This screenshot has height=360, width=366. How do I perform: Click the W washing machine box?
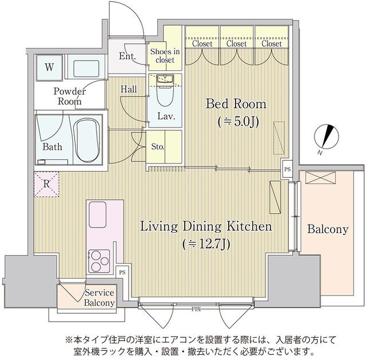pyautogui.click(x=50, y=67)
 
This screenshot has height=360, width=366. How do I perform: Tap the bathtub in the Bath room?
pyautogui.click(x=87, y=139)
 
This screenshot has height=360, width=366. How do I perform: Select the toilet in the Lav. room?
pyautogui.click(x=165, y=91)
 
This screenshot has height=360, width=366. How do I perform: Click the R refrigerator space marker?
pyautogui.click(x=46, y=184)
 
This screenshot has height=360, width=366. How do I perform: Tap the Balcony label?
pyautogui.click(x=327, y=230)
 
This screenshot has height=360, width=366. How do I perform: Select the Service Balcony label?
pyautogui.click(x=100, y=298)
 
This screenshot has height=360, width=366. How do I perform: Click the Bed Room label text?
pyautogui.click(x=236, y=104)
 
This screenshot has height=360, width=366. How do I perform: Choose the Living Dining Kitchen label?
pyautogui.click(x=206, y=227)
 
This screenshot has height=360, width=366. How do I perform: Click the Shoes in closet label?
pyautogui.click(x=165, y=55)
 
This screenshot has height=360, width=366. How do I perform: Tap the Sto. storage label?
pyautogui.click(x=158, y=147)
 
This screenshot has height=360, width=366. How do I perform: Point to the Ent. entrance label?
pyautogui.click(x=127, y=56)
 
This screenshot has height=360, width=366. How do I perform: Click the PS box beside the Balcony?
pyautogui.click(x=287, y=170)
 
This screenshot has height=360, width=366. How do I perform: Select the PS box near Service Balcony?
pyautogui.click(x=121, y=273)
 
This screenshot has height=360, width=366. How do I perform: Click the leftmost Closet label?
pyautogui.click(x=202, y=43)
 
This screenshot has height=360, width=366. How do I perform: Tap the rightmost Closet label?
pyautogui.click(x=271, y=43)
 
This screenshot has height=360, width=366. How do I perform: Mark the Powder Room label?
pyautogui.click(x=70, y=96)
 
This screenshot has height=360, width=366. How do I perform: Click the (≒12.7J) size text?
pyautogui.click(x=206, y=244)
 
